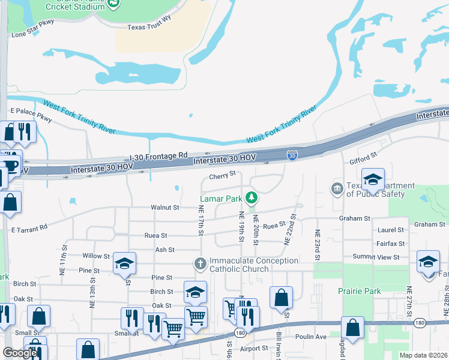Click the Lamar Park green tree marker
[253, 197]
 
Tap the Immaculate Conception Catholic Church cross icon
[200, 263]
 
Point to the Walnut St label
[165, 208]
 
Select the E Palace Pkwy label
[32, 112]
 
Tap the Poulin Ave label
[312, 337]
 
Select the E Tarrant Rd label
[29, 228]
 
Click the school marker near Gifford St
[372, 179]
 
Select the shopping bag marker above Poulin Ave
[352, 328]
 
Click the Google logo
[20, 353]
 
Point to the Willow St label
[96, 255]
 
